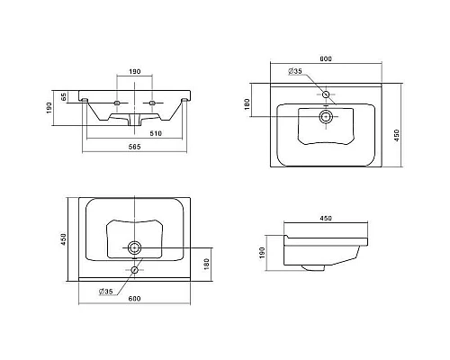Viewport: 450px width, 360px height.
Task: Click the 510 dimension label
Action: pyautogui.click(x=156, y=133)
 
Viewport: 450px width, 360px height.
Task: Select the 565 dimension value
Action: pyautogui.click(x=134, y=147)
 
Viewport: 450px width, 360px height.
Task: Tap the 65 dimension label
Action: pyautogui.click(x=64, y=96)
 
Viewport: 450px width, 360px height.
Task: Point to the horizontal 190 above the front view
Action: pyautogui.click(x=135, y=71)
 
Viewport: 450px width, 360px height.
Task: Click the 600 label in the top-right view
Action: pyautogui.click(x=326, y=58)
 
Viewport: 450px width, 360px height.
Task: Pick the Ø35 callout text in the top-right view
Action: pyautogui.click(x=295, y=71)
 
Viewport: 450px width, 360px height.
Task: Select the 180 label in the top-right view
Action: pyautogui.click(x=247, y=104)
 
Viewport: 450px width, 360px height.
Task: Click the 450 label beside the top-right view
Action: pyautogui.click(x=396, y=135)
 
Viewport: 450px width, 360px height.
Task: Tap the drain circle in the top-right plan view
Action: pyautogui.click(x=326, y=116)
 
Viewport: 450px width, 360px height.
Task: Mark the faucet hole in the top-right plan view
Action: pyautogui.click(x=326, y=94)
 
